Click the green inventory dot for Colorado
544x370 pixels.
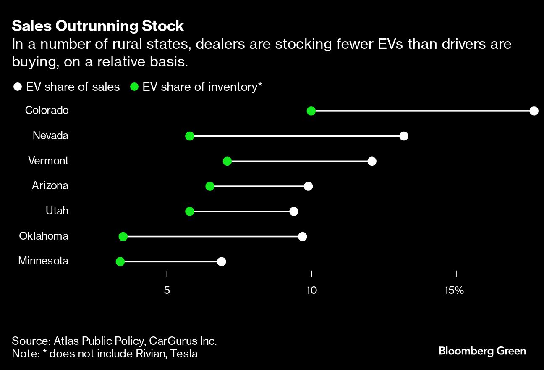[311, 111]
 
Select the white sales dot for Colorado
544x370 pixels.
[534, 111]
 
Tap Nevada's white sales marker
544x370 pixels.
[404, 136]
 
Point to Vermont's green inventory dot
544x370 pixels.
[227, 161]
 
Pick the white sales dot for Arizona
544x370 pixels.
[309, 186]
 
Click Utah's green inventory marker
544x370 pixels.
[190, 211]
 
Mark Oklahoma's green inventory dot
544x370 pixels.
[123, 236]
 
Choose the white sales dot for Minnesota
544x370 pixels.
[222, 262]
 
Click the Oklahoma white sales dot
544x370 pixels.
[302, 236]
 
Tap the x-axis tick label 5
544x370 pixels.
[167, 290]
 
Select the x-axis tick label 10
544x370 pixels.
[311, 290]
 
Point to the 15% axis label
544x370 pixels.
[454, 290]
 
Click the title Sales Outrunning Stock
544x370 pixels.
[98, 26]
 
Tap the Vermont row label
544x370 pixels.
[48, 161]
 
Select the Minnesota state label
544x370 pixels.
[43, 261]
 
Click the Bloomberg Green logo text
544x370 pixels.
[482, 351]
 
